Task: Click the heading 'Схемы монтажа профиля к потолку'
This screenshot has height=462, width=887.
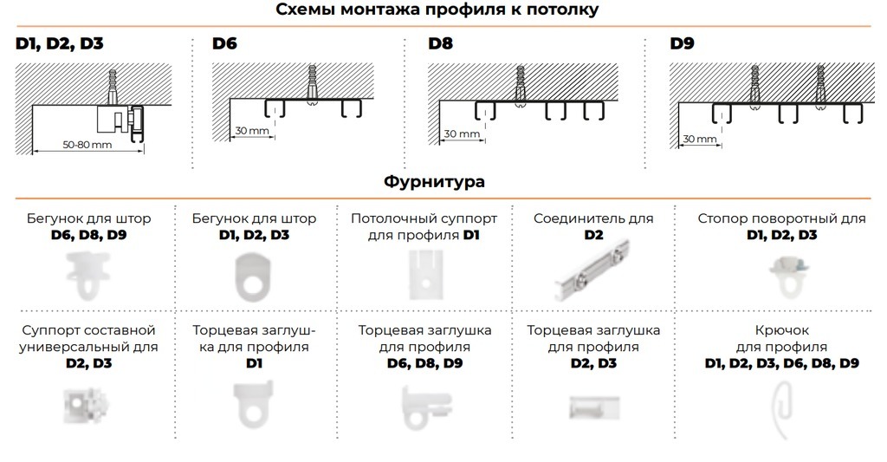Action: [437, 10]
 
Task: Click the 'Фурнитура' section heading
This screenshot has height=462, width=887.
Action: [434, 182]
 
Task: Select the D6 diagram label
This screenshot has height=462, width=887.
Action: [224, 43]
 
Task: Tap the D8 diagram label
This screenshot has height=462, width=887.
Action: [440, 43]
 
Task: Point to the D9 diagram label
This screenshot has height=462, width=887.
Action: [682, 43]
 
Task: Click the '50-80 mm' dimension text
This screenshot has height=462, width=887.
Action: [87, 145]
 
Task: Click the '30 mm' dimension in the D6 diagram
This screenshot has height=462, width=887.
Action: [252, 131]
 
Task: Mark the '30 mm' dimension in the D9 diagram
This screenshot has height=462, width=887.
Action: [700, 139]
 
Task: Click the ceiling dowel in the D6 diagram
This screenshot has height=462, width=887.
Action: [312, 84]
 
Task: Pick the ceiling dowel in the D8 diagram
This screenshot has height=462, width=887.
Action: [521, 86]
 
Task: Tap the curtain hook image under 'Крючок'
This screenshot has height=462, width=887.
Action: [781, 407]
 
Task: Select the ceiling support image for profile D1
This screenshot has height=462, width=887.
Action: [425, 275]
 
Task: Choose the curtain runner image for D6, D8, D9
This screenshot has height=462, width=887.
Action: [87, 276]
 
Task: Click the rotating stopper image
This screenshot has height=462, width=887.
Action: [787, 277]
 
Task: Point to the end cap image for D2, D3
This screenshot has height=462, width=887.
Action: [593, 407]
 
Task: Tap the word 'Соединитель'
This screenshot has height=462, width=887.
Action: [572, 218]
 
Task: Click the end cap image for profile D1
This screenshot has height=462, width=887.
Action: [253, 404]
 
